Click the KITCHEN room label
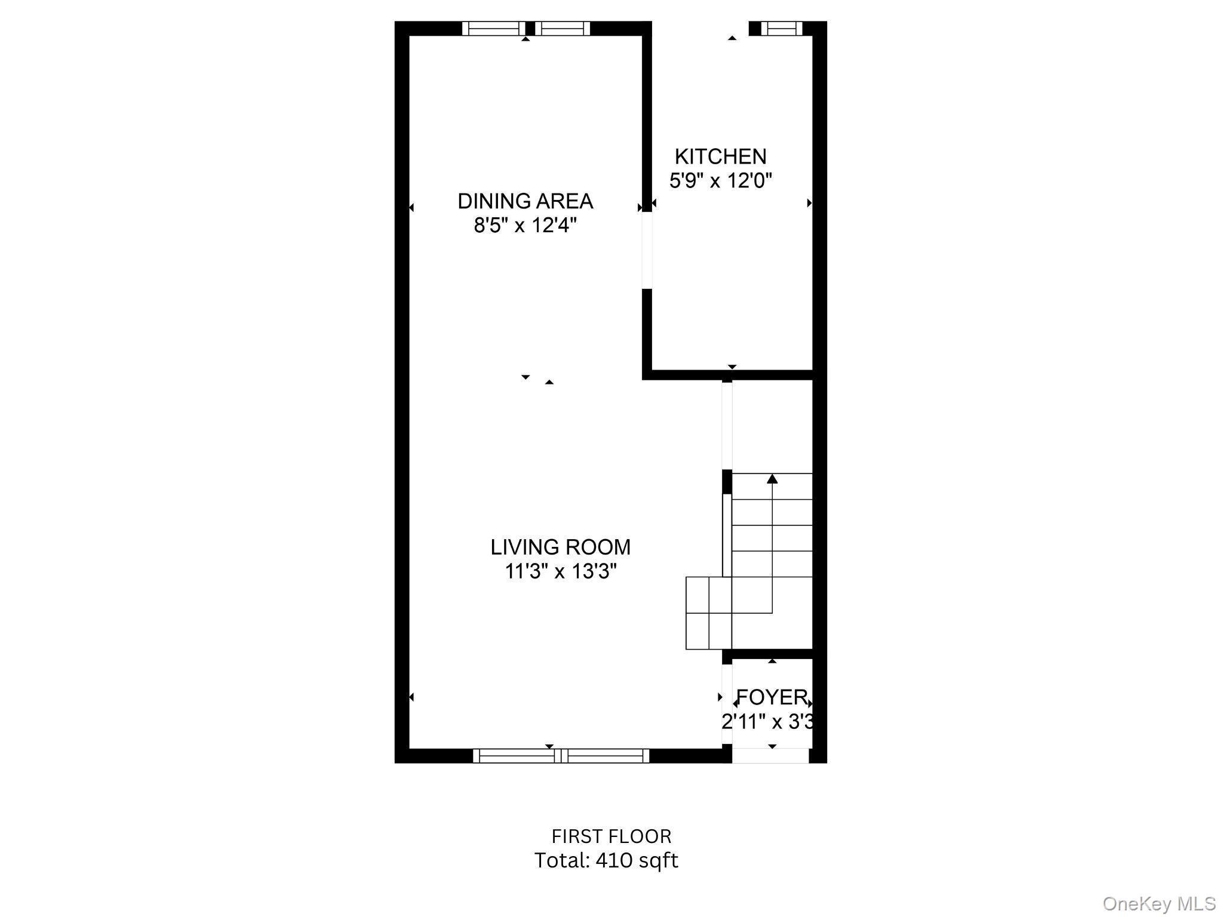[720, 156]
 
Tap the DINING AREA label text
[525, 201]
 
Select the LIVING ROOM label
[560, 547]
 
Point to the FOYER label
[772, 697]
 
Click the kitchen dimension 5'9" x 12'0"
[720, 180]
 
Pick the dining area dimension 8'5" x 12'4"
[525, 226]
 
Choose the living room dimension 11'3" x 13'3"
[560, 571]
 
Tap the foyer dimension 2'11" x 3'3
[767, 722]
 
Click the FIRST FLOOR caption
[611, 836]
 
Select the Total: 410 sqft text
[606, 860]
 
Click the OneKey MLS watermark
[1159, 904]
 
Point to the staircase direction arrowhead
[772, 478]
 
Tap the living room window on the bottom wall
[561, 756]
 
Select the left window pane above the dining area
[493, 28]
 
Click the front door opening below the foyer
[770, 756]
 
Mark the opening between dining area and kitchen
[647, 251]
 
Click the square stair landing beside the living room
[708, 613]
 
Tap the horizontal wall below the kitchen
[729, 375]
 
